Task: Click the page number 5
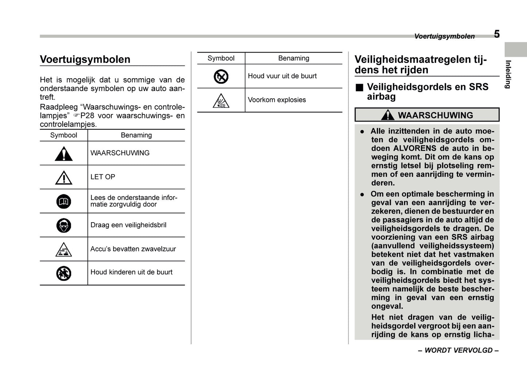point(497,34)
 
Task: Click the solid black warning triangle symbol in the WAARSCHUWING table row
point(64,154)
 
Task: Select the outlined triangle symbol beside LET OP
point(64,178)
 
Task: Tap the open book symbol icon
point(64,201)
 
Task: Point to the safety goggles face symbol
point(64,225)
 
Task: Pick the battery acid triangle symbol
point(64,250)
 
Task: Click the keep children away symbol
point(64,273)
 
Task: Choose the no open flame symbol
point(221,76)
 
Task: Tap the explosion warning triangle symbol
point(221,100)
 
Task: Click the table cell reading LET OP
point(103,177)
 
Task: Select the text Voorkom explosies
point(277,100)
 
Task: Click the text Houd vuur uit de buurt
point(282,76)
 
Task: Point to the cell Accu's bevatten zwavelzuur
point(133,249)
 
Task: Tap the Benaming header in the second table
point(294,58)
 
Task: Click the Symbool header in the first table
point(63,135)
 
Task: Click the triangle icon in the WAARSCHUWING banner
point(387,115)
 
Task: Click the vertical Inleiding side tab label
point(508,74)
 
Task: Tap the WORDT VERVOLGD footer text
point(458,350)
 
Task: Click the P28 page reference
point(87,115)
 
